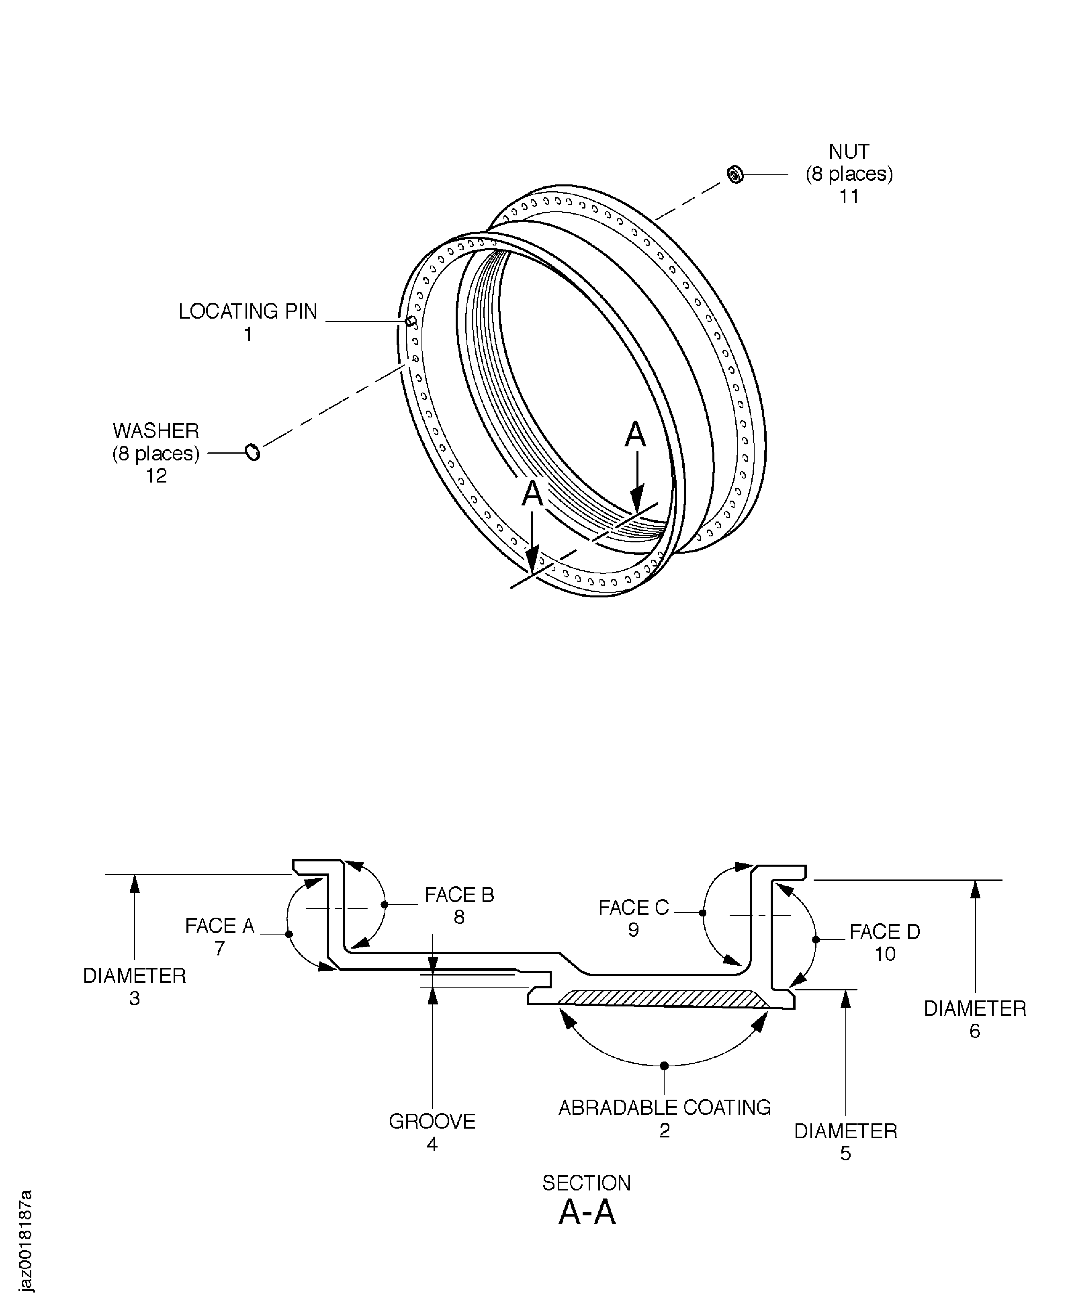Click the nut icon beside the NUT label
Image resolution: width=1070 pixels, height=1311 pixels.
(x=735, y=175)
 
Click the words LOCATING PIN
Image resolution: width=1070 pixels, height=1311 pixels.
(x=248, y=312)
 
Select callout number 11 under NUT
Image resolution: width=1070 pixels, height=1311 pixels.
(x=849, y=196)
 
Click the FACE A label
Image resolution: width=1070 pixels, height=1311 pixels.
(x=219, y=926)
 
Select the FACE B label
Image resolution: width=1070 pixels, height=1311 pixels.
(x=459, y=895)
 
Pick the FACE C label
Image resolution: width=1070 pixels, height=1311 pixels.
(x=633, y=908)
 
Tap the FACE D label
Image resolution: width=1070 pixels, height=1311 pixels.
(x=884, y=932)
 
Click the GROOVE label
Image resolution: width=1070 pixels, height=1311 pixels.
(x=432, y=1121)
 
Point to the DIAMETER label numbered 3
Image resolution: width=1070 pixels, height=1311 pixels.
(x=134, y=976)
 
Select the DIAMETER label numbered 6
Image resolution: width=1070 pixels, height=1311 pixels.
(x=974, y=1008)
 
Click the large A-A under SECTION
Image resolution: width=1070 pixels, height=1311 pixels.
(x=587, y=1213)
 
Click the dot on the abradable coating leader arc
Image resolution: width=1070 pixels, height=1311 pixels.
(x=664, y=1066)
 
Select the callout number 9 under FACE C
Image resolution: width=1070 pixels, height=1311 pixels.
(x=633, y=930)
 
